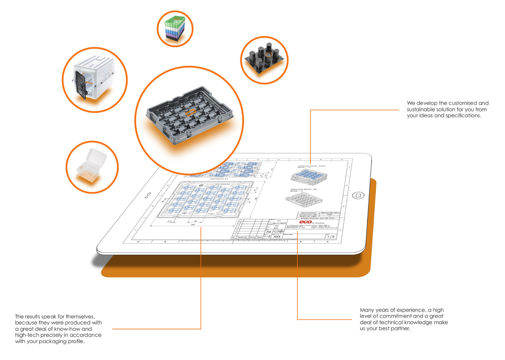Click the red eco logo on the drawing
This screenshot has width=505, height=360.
point(305,222)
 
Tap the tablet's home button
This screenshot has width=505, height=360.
point(358,195)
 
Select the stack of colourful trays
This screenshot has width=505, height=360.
point(175,28)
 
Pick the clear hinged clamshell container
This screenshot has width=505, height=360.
point(92,166)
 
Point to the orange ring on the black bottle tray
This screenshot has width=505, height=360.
point(268,55)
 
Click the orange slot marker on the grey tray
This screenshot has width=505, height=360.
point(190,112)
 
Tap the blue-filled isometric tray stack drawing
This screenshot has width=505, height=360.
point(309,175)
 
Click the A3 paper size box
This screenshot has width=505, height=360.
point(269,232)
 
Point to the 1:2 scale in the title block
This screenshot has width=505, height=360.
point(267,236)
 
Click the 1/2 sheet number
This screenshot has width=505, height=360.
point(330,237)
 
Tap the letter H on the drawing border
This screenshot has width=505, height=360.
point(138,242)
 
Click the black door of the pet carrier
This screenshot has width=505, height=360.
point(80,85)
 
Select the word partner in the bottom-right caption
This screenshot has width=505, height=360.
point(400,329)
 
